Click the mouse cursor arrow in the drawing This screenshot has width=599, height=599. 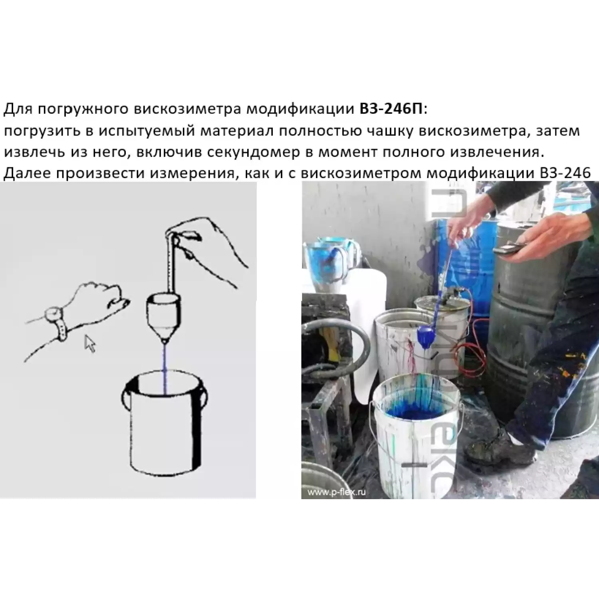pos(90,344)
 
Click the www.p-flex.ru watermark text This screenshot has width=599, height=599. pos(336,492)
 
